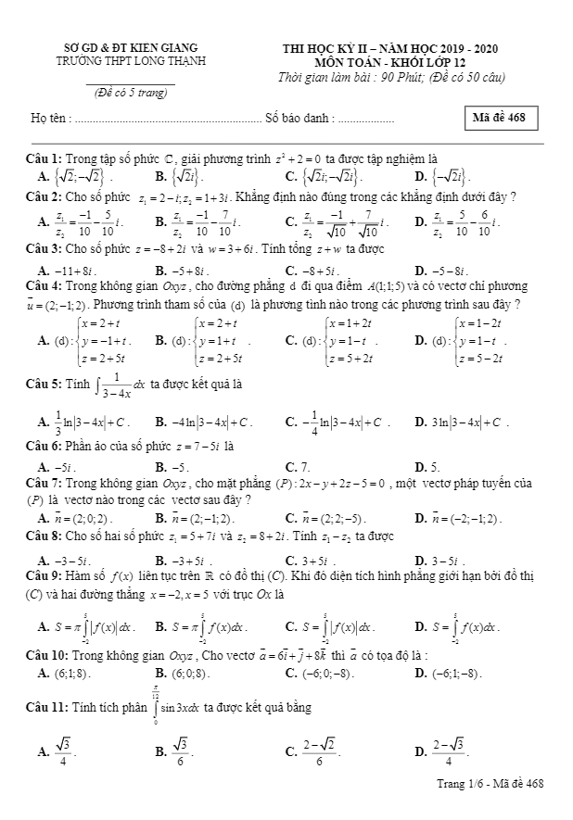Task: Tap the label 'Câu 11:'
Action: [x=46, y=707]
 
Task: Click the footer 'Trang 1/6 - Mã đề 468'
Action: [x=490, y=784]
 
